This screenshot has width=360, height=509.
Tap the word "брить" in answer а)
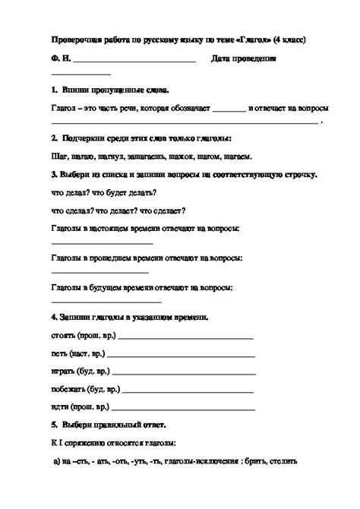click(x=258, y=460)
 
